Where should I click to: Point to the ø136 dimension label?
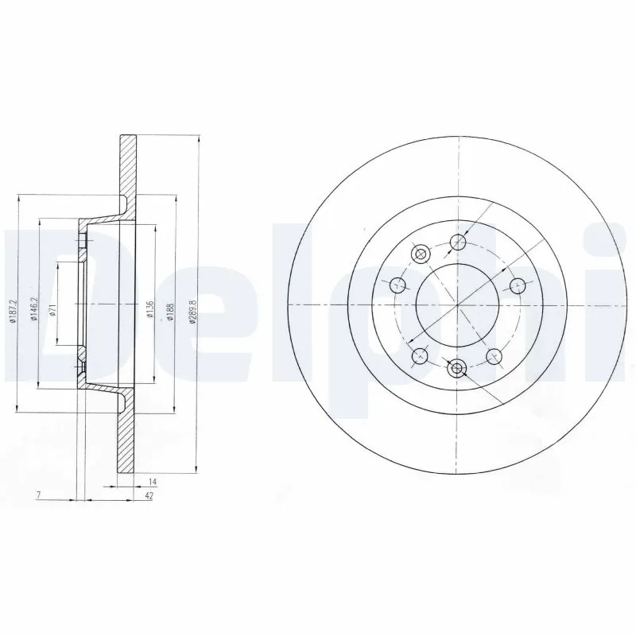(x=150, y=308)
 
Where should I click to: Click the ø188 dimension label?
(x=170, y=308)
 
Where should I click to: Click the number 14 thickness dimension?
(x=153, y=483)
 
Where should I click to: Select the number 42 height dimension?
(x=149, y=495)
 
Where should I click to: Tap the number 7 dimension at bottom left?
(x=38, y=495)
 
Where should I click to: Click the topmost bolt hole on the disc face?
(x=457, y=242)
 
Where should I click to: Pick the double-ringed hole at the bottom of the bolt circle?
(x=456, y=368)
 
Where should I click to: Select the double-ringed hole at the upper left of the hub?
(x=421, y=254)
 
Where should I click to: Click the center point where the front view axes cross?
(x=457, y=305)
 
